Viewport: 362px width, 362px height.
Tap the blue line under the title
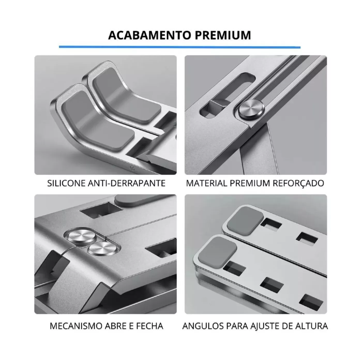click(x=180, y=47)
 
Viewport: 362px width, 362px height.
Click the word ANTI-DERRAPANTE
click(x=127, y=183)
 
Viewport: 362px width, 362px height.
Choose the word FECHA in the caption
click(x=149, y=326)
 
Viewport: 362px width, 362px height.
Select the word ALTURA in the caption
click(x=312, y=326)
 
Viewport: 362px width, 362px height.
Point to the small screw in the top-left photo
click(x=133, y=168)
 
